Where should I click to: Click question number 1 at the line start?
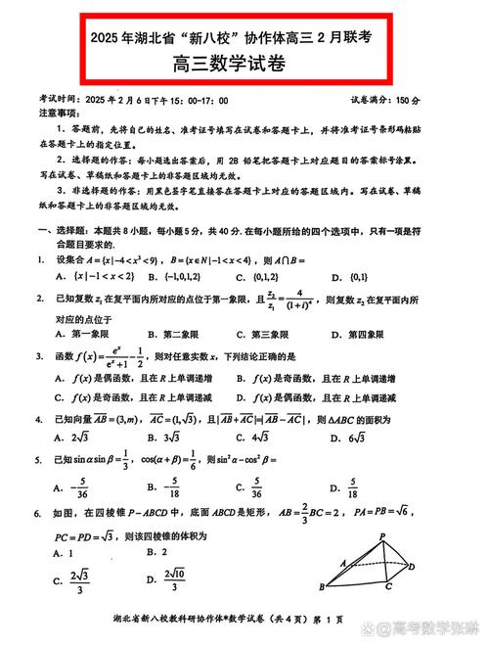tap(40, 259)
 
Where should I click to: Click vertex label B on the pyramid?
tap(321, 586)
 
